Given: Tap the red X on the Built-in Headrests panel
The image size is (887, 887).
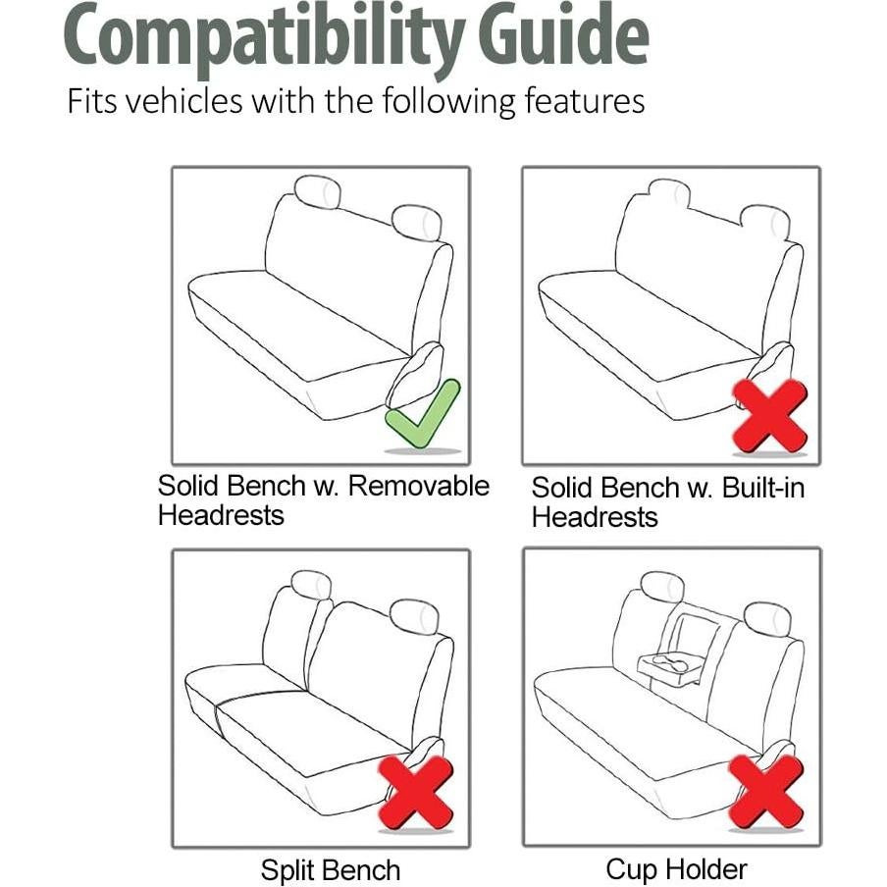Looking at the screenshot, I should (x=770, y=415).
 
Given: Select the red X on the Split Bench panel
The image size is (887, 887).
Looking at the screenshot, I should (x=416, y=791).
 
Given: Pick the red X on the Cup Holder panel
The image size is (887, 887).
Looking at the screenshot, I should (x=766, y=791).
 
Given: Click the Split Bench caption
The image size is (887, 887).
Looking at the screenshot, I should (x=330, y=870).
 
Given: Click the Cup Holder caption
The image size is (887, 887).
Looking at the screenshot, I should (x=676, y=869).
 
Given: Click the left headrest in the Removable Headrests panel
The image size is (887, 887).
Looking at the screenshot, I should (x=317, y=192).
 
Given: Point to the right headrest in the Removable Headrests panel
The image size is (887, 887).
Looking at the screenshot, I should (x=416, y=224).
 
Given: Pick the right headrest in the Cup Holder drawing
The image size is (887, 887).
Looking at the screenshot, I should (x=767, y=618).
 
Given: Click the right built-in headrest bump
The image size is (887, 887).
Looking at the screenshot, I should (x=765, y=222).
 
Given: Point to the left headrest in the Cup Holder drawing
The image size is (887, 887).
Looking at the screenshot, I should (x=662, y=587).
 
